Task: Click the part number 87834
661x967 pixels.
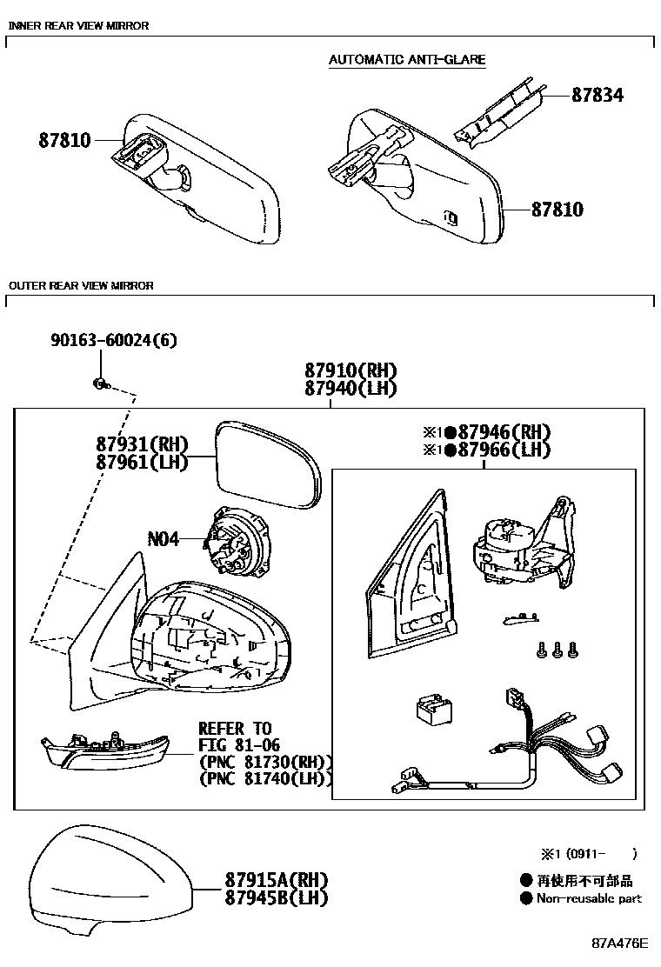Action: [597, 95]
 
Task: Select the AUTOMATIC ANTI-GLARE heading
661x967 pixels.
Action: [407, 60]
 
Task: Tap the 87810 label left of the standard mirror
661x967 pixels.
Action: [64, 140]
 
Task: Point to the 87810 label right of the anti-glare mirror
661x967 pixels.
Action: [557, 210]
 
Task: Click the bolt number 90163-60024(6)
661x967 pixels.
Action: [113, 340]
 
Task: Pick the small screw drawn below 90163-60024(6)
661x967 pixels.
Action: [101, 382]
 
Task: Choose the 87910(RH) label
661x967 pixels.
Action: [351, 370]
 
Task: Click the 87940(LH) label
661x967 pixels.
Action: [351, 388]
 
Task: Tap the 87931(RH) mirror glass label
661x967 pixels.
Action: [143, 444]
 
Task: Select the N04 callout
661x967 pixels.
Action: [163, 539]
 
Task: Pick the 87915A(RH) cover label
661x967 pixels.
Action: [264, 880]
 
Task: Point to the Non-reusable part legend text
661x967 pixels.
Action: [589, 898]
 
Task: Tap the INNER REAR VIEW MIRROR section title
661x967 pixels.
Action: [78, 26]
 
